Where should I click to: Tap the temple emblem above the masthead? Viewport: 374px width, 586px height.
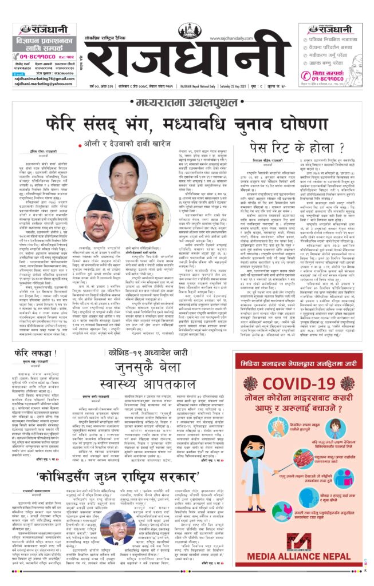click(x=189, y=31)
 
